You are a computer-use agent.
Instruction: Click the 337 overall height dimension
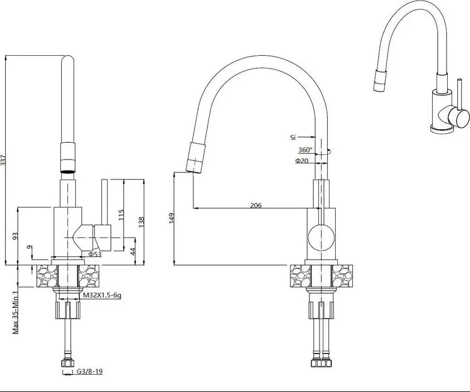3,162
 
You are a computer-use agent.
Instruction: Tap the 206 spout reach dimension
256,205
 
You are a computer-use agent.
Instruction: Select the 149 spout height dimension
172,218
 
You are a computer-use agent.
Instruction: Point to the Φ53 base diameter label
95,254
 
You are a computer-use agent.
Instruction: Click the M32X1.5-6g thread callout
102,295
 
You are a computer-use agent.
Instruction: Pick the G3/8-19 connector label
90,371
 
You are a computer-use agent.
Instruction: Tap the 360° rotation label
305,149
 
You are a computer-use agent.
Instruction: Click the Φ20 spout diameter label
302,161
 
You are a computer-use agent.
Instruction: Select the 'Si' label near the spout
293,138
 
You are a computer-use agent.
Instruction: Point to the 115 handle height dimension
121,215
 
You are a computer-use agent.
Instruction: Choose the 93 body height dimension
16,236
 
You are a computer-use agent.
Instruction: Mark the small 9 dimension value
29,247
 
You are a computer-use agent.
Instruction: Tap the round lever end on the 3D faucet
458,118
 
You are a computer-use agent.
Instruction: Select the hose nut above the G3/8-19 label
67,363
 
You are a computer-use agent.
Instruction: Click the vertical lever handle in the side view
105,202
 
